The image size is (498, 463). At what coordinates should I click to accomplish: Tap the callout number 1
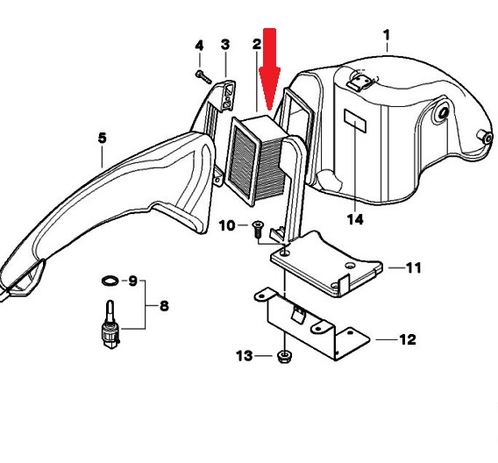[386, 35]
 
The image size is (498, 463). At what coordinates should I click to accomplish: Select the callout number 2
[257, 44]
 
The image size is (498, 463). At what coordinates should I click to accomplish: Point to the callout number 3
[224, 45]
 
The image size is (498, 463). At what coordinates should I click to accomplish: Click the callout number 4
[199, 46]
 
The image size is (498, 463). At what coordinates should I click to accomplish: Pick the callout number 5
[103, 139]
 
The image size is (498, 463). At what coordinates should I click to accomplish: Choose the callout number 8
[164, 306]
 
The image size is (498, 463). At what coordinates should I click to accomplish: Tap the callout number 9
[132, 281]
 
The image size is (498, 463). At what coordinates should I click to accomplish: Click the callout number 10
[227, 225]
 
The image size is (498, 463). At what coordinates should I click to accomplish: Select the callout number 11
[414, 267]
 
